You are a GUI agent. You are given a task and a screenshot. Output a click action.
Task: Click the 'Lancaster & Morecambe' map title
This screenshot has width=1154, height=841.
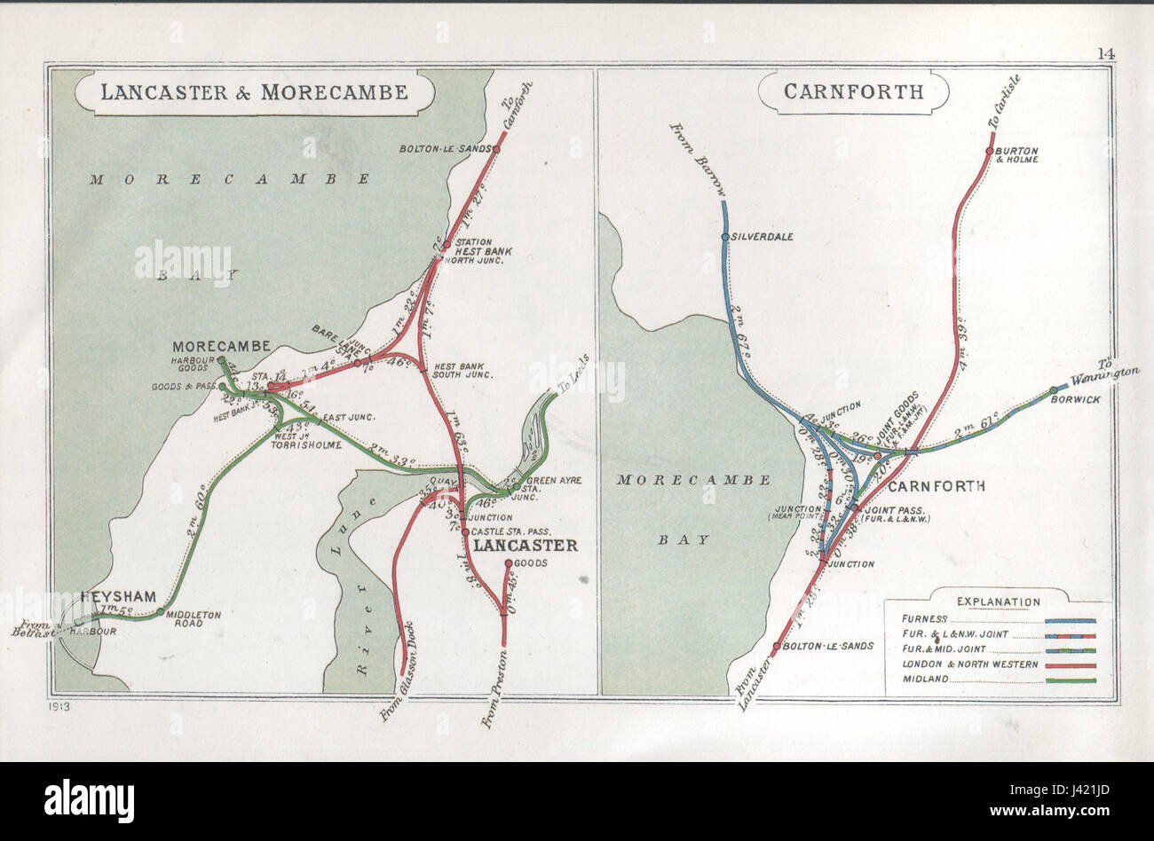[254, 92]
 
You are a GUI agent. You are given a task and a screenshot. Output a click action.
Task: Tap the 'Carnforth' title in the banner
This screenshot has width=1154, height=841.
[853, 91]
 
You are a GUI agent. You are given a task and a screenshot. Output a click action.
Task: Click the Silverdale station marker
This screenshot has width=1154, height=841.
[725, 237]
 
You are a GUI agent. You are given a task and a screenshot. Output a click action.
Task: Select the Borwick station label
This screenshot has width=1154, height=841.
[1080, 399]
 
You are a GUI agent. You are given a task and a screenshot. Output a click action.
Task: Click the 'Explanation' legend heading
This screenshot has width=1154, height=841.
[999, 601]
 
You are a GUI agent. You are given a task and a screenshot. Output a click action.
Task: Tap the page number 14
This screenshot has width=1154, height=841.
[1104, 52]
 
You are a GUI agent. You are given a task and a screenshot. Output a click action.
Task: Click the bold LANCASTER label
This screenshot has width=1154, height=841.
[525, 546]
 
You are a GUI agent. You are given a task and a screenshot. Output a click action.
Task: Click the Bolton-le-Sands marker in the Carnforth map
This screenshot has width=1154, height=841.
[777, 648]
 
